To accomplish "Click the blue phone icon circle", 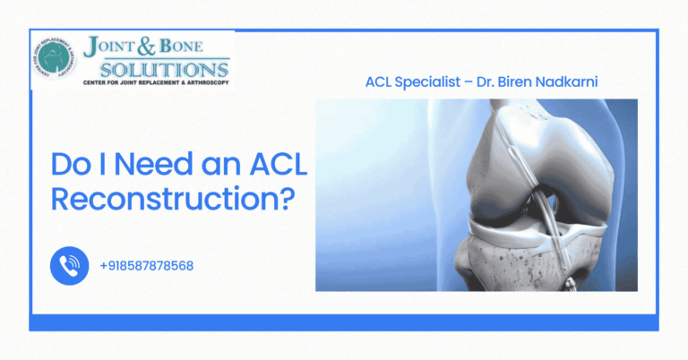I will coord(69,265).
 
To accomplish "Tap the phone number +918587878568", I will coord(147,266).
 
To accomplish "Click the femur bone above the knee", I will coord(537,143).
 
